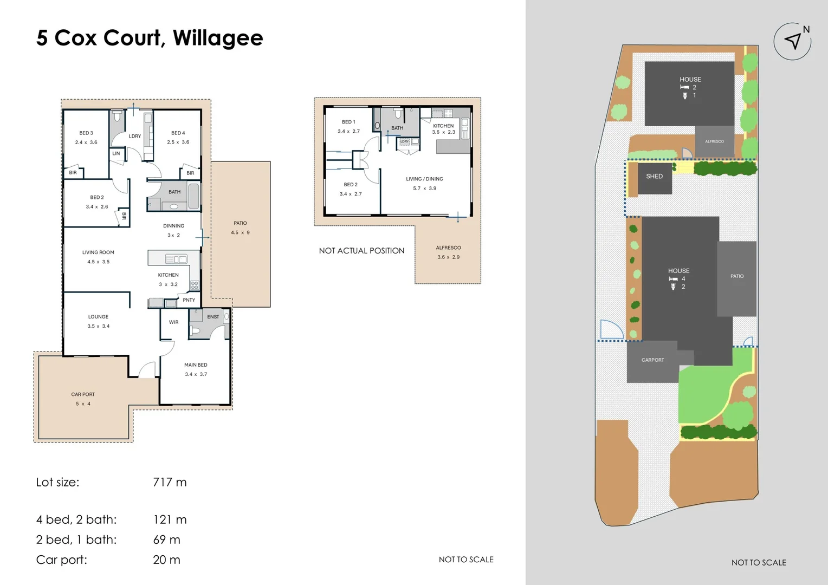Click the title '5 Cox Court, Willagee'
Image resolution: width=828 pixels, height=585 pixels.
pos(150,38)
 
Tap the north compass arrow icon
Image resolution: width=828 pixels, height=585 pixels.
pos(793,41)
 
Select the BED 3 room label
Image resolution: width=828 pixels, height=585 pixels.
pos(86,133)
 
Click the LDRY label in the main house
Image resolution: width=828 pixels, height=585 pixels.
pos(135,136)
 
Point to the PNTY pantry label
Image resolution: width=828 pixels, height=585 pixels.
pos(189,300)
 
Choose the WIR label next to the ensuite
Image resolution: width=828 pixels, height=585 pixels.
pos(174,322)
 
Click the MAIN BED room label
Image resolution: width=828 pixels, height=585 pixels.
pos(196,365)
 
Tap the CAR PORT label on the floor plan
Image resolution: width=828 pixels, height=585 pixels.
pos(83,394)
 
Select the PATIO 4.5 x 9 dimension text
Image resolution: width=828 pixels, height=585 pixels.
pos(240,232)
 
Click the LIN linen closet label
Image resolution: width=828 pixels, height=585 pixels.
pos(116,153)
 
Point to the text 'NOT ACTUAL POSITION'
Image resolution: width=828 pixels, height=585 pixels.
pos(362,251)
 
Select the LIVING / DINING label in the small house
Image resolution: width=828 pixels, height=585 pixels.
pos(425,179)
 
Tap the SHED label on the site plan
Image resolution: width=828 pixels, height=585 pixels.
pos(654,176)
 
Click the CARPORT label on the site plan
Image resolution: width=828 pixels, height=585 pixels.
pos(653,360)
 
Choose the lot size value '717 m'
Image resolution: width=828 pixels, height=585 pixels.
pos(170,482)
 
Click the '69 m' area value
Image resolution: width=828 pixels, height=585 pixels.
pos(167,539)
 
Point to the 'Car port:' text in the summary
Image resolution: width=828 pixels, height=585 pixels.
pos(62,560)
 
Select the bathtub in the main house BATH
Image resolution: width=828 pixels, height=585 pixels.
pos(193,196)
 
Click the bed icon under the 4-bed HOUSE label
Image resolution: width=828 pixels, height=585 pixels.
pos(674,279)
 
